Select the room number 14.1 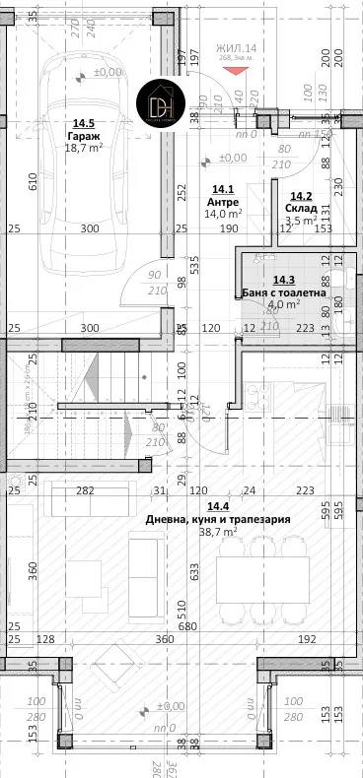tap(224, 189)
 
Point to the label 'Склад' tap(300, 208)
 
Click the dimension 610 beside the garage tap(33, 180)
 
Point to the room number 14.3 tap(283, 280)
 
